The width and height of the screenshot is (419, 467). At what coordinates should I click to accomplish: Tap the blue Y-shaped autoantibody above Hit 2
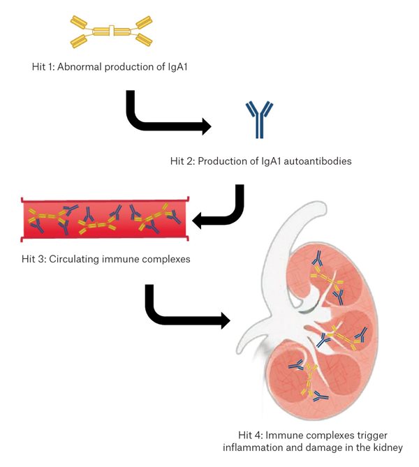259,119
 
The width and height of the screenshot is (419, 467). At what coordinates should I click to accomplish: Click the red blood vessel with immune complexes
105,219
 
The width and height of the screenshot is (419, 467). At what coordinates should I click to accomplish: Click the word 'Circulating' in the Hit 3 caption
77,260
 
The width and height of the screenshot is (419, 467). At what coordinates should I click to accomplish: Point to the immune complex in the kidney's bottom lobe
307,380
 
